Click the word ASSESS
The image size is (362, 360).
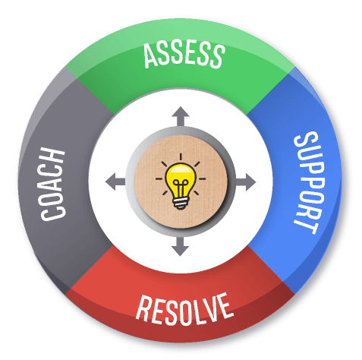coord(184,55)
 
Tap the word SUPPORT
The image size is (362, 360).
coord(307,182)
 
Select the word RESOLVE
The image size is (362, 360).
coord(184,309)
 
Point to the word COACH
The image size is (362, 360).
coord(52,184)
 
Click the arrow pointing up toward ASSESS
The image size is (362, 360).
coord(181,116)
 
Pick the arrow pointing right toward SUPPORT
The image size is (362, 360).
coord(246,182)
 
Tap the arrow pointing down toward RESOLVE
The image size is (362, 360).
coord(180,247)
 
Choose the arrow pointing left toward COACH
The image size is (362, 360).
coord(115,182)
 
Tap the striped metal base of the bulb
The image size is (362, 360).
coord(181,204)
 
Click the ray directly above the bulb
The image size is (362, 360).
coord(181,156)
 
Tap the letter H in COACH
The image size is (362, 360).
coord(52,156)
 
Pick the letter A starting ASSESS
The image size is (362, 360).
coord(151,56)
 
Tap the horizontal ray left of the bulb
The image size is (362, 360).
coord(159,178)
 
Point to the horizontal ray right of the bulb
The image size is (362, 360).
coord(202,178)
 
